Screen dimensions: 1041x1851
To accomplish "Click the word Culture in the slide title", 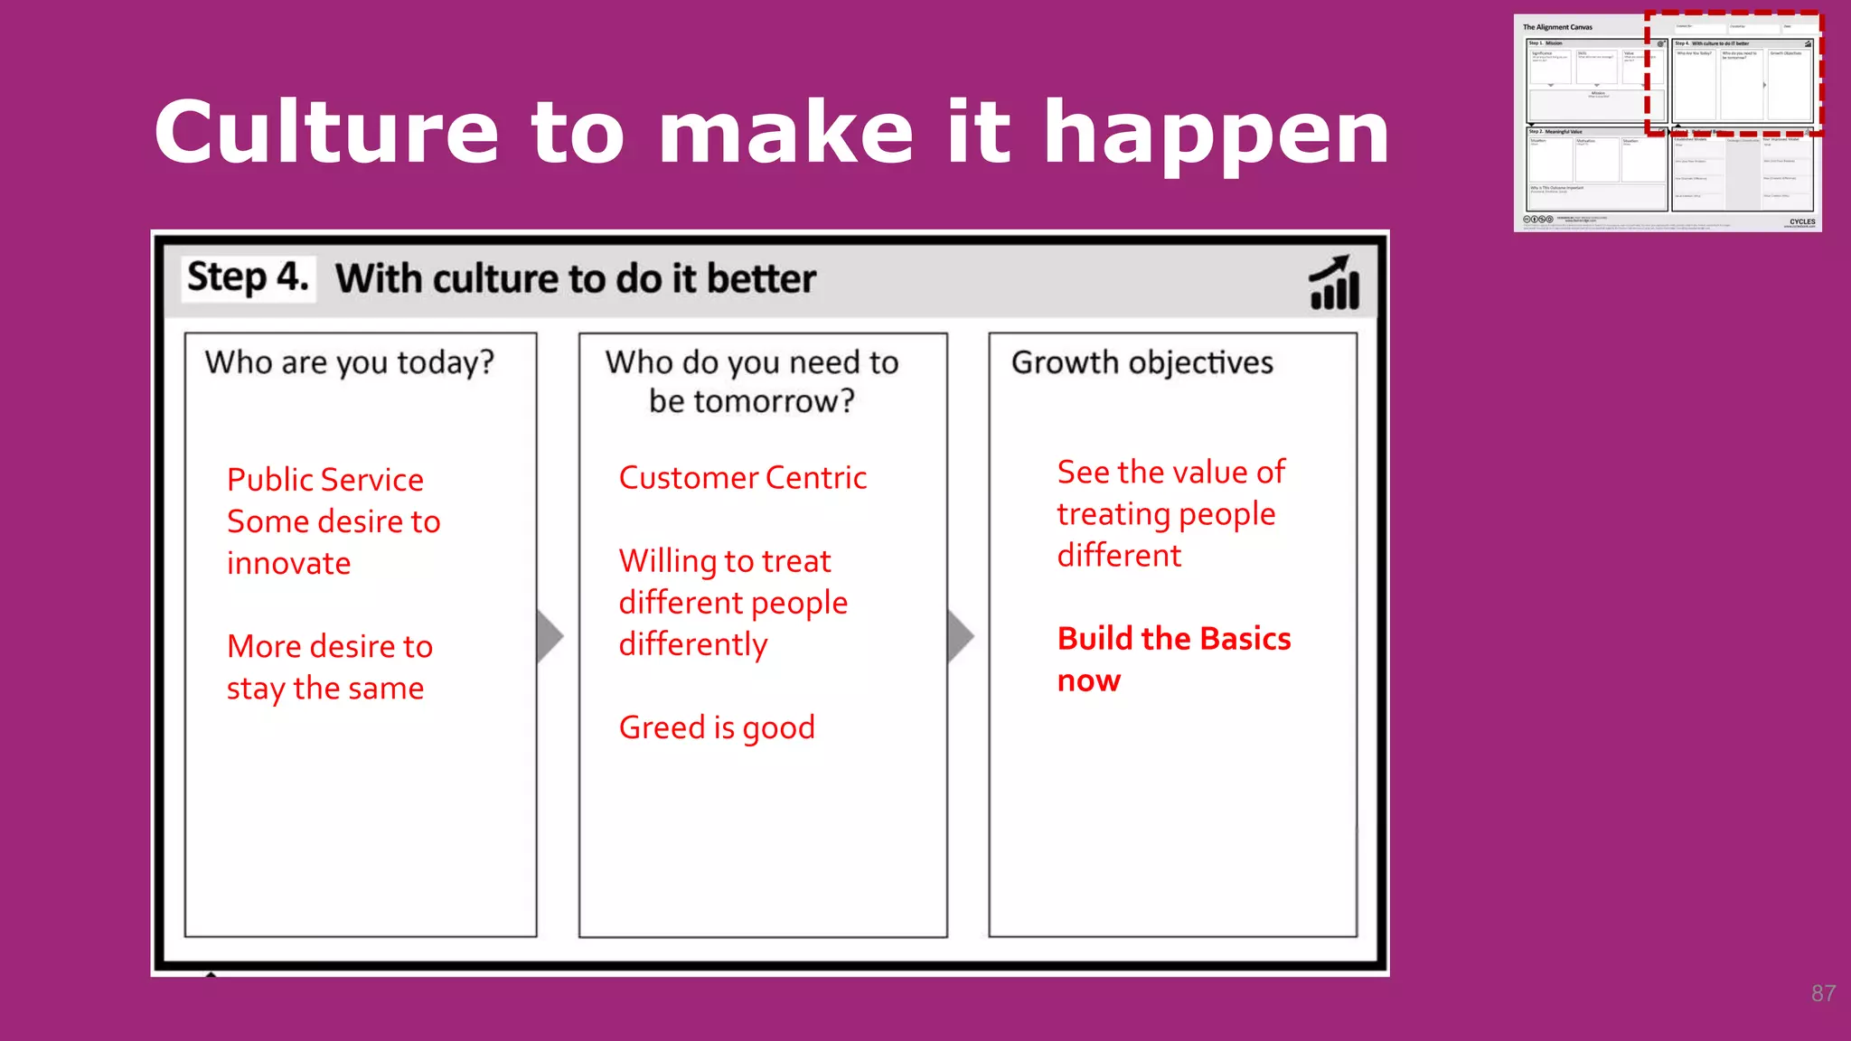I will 325,134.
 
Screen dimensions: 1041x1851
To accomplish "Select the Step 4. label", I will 248,277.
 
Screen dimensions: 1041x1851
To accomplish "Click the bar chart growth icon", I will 1334,283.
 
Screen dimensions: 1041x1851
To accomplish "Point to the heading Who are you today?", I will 349,363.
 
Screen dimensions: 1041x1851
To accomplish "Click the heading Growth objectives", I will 1142,362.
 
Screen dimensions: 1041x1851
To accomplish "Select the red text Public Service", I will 324,480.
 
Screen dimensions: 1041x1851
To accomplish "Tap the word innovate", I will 288,564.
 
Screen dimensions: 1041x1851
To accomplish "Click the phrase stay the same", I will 324,689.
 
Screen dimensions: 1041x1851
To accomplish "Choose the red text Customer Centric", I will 742,478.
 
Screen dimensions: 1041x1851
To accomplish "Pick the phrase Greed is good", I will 717,728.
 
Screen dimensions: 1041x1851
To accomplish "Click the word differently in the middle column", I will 692,645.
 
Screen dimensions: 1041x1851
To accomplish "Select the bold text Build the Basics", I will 1173,639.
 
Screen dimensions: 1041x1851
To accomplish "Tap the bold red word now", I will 1088,680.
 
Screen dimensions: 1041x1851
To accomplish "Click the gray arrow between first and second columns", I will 549,636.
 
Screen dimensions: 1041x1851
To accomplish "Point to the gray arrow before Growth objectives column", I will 960,636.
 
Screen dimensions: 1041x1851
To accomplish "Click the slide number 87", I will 1822,994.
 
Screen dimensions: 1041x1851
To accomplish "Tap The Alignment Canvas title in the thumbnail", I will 1557,27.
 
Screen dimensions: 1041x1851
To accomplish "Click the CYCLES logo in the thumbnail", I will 1801,221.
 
